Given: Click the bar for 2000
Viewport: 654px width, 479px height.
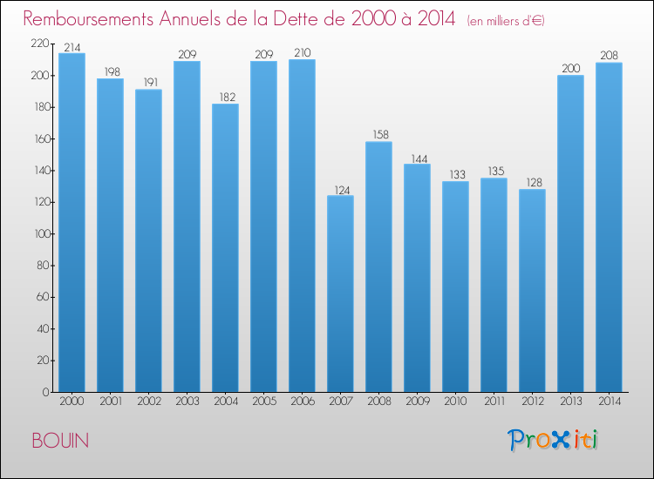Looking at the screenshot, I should tap(72, 223).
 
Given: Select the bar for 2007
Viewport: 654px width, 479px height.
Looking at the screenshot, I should tap(340, 293).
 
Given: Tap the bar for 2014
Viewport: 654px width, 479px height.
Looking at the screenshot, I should tap(609, 227).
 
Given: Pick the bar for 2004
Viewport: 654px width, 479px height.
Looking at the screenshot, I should tap(225, 248).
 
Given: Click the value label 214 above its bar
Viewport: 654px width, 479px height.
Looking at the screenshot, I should tap(72, 46).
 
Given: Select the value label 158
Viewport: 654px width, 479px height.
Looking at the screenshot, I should tap(378, 134).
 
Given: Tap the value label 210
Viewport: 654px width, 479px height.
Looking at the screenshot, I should tap(302, 52).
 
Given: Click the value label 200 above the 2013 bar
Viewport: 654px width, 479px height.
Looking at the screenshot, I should tap(570, 68).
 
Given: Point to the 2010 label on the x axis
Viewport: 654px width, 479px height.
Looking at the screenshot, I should tap(455, 402).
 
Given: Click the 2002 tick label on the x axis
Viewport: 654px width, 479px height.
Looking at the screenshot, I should tap(148, 402).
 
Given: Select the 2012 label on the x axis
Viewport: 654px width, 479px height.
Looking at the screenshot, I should tap(532, 402).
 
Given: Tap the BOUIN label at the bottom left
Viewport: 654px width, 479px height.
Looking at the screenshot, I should tap(59, 441).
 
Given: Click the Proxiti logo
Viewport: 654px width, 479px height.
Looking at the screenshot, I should tap(554, 440).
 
